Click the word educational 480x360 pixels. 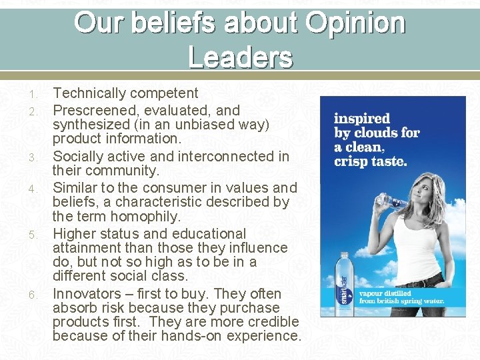[208, 234]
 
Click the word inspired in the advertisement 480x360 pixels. [362, 119]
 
